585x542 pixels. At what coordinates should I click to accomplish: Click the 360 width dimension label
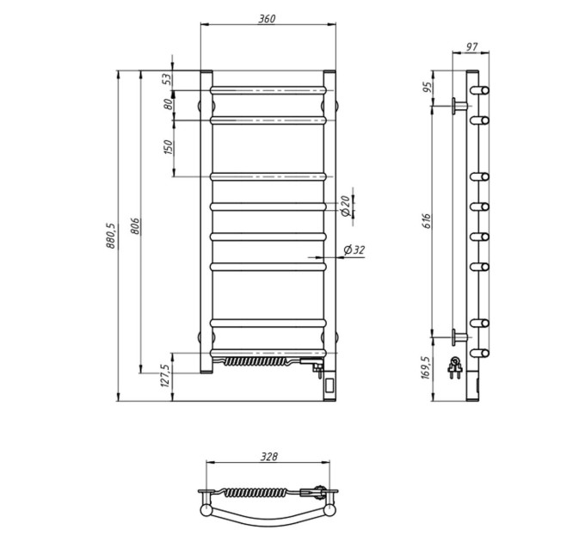(268, 19)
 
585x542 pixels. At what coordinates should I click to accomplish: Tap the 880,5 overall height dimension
(111, 236)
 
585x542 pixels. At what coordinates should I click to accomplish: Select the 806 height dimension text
(135, 226)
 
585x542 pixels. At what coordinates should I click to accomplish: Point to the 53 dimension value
(168, 78)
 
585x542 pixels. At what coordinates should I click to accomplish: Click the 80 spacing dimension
(169, 104)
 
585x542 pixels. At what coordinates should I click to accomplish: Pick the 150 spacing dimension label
(169, 147)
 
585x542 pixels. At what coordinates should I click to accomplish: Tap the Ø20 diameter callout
(346, 206)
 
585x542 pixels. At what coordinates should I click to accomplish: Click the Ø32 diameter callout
(354, 250)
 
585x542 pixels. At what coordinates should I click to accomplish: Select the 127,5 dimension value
(166, 375)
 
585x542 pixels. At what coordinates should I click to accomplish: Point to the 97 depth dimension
(472, 47)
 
